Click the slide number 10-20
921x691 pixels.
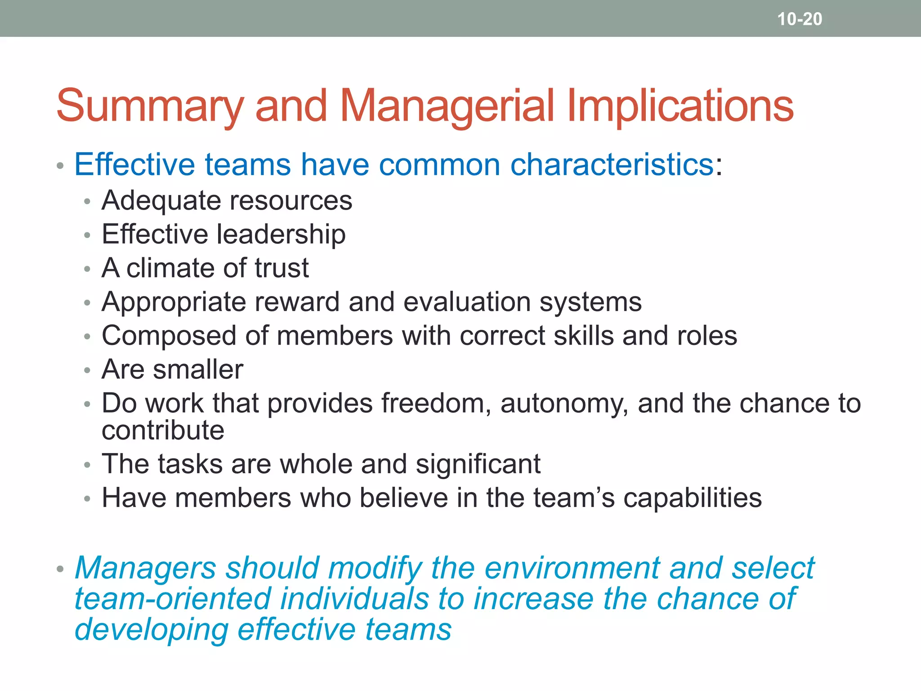tap(800, 19)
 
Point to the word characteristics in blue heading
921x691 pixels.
tap(612, 165)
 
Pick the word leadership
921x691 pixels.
tap(281, 234)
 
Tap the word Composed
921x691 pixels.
tap(169, 336)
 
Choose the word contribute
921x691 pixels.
tap(163, 431)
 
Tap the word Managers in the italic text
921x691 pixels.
tap(145, 568)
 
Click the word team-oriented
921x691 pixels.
tap(172, 599)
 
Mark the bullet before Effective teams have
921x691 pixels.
tap(60, 166)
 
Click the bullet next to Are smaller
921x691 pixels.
tap(87, 371)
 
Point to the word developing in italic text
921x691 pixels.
tap(151, 629)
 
